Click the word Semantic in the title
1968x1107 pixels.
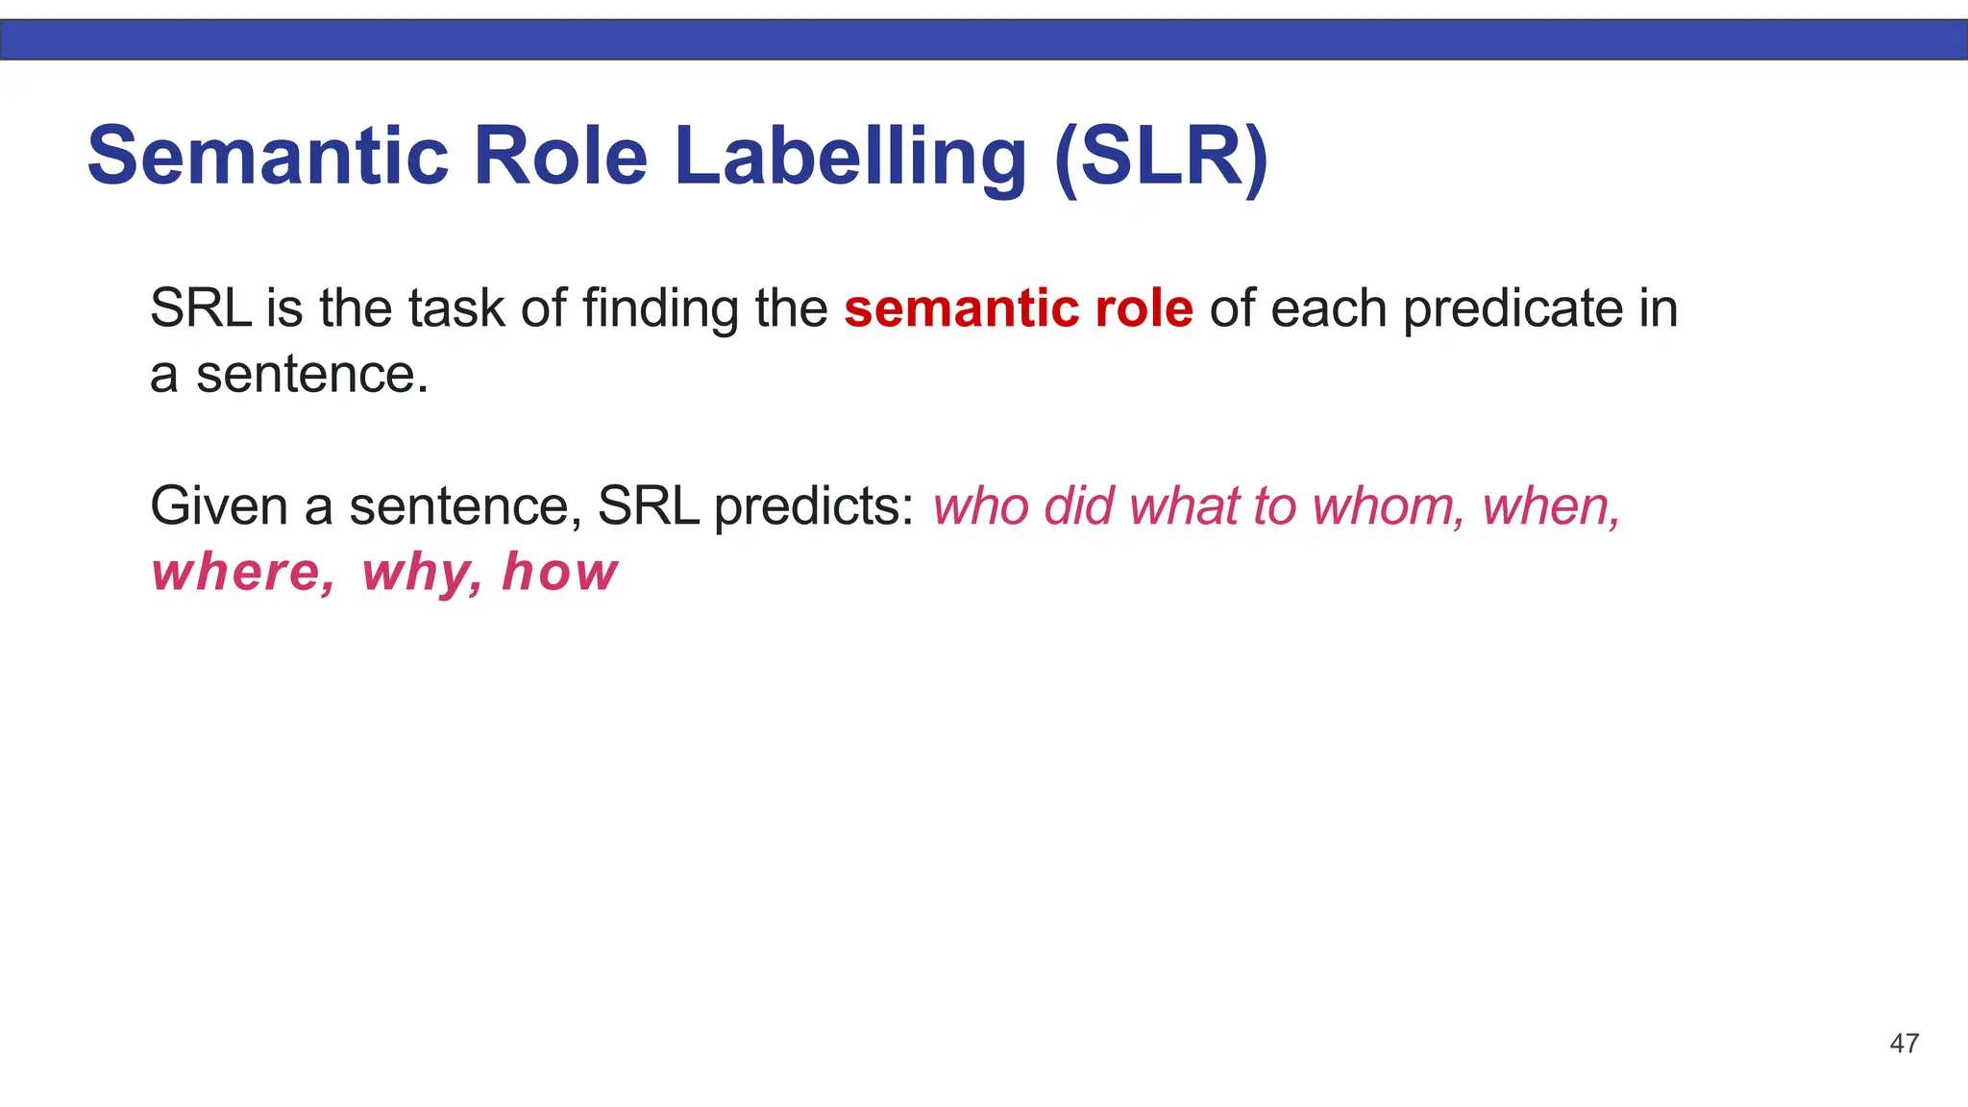pyautogui.click(x=268, y=156)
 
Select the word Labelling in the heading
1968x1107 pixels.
pyautogui.click(x=850, y=156)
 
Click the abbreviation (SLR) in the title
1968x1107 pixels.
pyautogui.click(x=1162, y=156)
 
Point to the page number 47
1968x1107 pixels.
pyautogui.click(x=1904, y=1044)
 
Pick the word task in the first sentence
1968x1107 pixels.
pyautogui.click(x=455, y=308)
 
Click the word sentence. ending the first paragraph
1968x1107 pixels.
pyautogui.click(x=311, y=375)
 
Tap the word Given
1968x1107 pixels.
pyautogui.click(x=219, y=506)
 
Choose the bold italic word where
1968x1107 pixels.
pyautogui.click(x=243, y=573)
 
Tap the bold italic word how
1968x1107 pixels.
pyautogui.click(x=560, y=573)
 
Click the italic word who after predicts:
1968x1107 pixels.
pyautogui.click(x=980, y=506)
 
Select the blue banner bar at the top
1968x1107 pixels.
pyautogui.click(x=984, y=39)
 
